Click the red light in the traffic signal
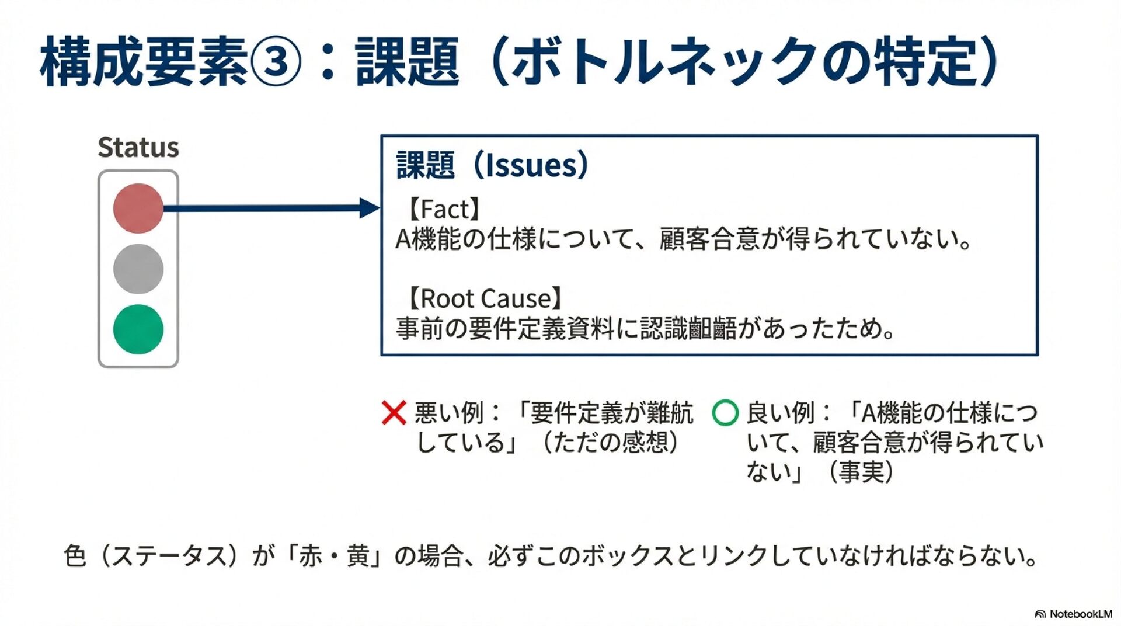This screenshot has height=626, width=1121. [138, 208]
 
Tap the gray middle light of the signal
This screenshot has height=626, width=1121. [138, 269]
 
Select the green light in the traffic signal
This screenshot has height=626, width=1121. [138, 329]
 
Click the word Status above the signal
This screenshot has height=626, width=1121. [138, 148]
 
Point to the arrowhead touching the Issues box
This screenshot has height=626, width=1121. [370, 208]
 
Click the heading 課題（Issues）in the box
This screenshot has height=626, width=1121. [492, 165]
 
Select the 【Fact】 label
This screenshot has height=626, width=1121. [444, 209]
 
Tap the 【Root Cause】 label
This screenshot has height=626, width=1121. [484, 299]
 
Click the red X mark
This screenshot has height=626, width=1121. [394, 413]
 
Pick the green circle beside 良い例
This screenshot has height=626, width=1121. [725, 413]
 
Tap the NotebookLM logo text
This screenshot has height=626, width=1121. [1080, 614]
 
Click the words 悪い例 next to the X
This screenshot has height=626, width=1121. [448, 413]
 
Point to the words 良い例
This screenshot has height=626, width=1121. [780, 413]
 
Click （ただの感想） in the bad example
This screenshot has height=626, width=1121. [610, 442]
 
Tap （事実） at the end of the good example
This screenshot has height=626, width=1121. [861, 471]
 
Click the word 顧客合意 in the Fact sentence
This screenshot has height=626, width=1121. [709, 239]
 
